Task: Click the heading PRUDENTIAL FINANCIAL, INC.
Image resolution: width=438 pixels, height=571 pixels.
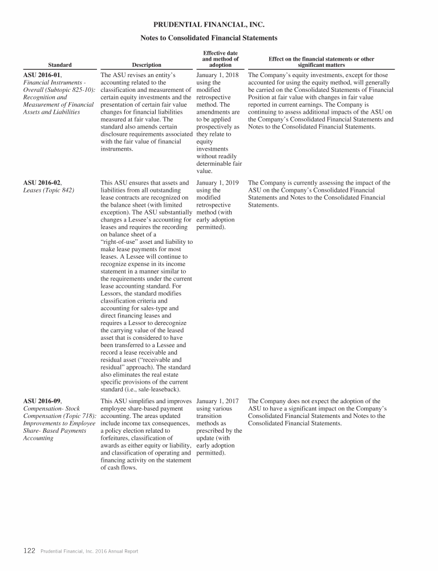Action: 209,25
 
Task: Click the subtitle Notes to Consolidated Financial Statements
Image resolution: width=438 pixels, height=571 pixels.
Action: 209,38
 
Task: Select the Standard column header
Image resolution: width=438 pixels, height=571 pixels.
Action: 60,65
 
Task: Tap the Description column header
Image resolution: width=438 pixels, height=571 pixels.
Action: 147,65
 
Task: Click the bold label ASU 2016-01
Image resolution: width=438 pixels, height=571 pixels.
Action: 42,75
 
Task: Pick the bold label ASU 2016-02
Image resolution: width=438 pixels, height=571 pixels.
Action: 42,183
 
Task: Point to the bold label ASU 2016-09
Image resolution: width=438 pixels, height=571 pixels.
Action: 42,401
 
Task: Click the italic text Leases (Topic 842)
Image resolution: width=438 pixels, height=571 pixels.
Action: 48,190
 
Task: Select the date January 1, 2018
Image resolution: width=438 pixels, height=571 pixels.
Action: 217,75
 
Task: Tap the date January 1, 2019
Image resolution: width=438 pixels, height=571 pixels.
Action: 217,183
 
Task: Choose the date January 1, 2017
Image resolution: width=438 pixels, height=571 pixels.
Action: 217,401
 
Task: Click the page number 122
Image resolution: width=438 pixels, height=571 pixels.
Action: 29,551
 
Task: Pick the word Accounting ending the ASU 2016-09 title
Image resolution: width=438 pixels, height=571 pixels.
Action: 38,438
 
